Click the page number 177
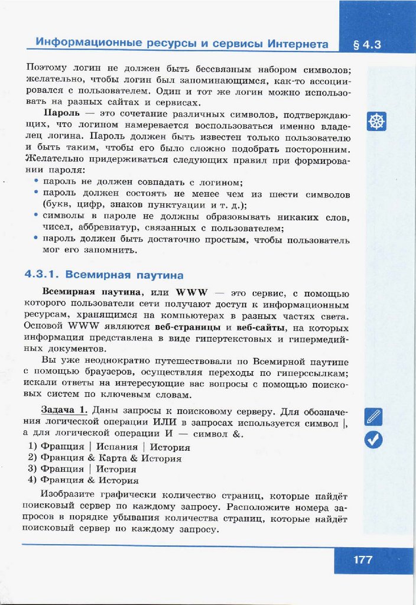363,560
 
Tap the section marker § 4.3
367,44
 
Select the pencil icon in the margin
373,417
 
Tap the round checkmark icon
373,439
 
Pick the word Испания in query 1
117,447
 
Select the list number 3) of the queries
32,469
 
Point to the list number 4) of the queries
32,480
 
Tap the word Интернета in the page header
298,44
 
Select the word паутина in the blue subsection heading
158,275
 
